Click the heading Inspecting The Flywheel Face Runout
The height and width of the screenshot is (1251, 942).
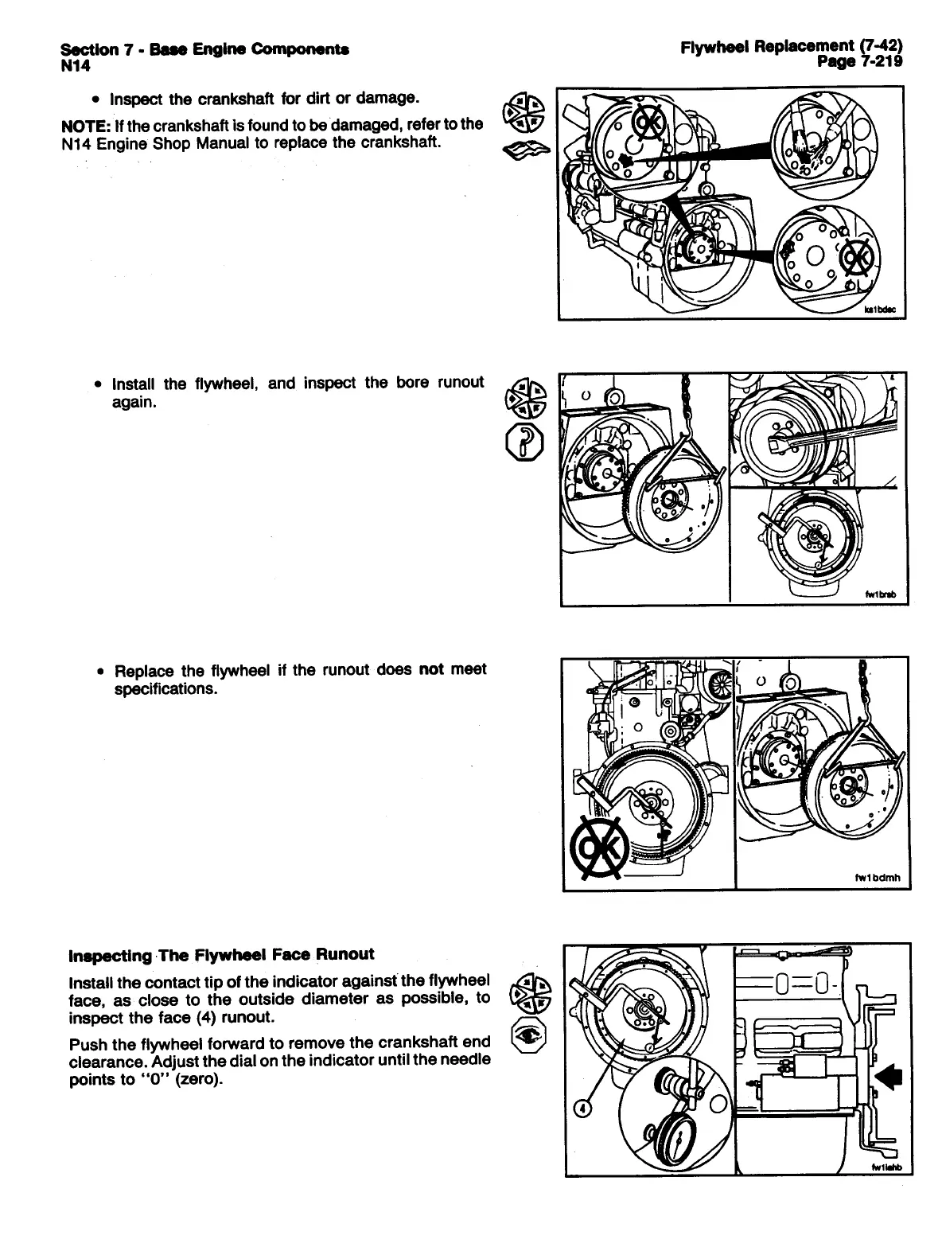pyautogui.click(x=221, y=954)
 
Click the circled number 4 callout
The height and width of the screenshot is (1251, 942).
pyautogui.click(x=581, y=1110)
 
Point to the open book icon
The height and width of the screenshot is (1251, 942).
pyautogui.click(x=523, y=148)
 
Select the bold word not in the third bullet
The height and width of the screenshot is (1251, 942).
pyautogui.click(x=430, y=669)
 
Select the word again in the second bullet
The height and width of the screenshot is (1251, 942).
pyautogui.click(x=134, y=402)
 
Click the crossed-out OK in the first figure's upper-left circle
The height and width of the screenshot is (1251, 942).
pyautogui.click(x=645, y=123)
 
